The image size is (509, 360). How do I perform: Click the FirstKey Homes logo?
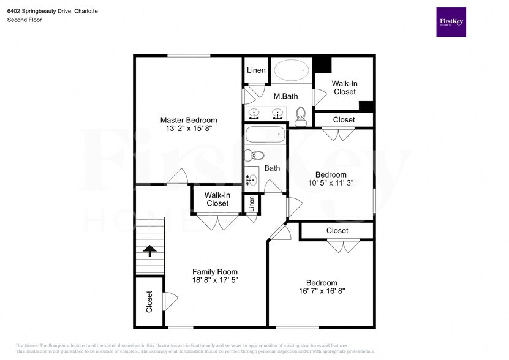tap(451, 22)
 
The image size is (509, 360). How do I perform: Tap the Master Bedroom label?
tap(188, 120)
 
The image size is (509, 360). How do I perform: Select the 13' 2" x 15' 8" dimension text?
tap(188, 129)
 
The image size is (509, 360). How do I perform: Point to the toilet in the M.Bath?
tap(301, 114)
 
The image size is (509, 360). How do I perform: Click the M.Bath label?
tap(285, 96)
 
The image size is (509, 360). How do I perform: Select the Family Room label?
tap(214, 272)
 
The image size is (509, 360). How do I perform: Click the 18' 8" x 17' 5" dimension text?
tap(214, 280)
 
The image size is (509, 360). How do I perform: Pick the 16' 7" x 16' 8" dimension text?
tap(322, 291)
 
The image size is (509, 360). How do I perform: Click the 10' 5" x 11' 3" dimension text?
tap(331, 183)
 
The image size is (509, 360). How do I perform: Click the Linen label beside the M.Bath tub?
tap(256, 70)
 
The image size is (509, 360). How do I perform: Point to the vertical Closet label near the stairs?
tap(149, 302)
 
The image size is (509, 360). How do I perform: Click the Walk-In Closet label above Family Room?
tap(217, 199)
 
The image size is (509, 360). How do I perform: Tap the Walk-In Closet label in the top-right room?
tap(344, 88)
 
